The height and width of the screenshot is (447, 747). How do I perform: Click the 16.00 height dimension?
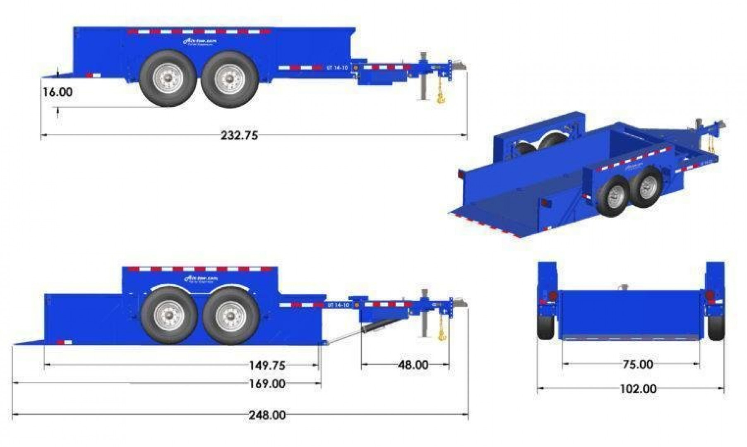[58, 92]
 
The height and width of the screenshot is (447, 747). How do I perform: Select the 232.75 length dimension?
[239, 135]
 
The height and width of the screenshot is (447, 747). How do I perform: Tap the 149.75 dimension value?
[267, 365]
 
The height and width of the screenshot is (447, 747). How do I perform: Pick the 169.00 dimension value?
[267, 384]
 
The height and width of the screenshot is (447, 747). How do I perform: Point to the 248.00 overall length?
[267, 415]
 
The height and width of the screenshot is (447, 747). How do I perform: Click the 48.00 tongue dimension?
[413, 365]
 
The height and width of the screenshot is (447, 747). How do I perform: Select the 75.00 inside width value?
[638, 364]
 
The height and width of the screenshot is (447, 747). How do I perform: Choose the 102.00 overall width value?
[638, 389]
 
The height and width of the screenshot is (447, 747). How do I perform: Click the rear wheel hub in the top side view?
[168, 78]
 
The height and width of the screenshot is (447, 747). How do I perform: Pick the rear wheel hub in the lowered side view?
[169, 316]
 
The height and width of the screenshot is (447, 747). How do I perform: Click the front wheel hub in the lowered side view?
[231, 316]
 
